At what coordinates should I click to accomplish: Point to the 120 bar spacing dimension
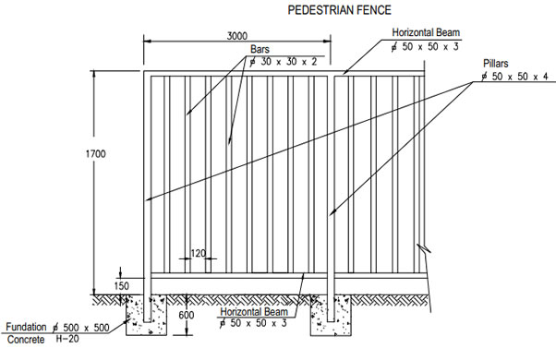click(x=198, y=251)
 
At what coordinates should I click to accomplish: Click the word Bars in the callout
click(x=260, y=48)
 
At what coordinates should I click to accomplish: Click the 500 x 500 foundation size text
click(x=92, y=328)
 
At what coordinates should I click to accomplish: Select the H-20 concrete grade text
click(x=66, y=340)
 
